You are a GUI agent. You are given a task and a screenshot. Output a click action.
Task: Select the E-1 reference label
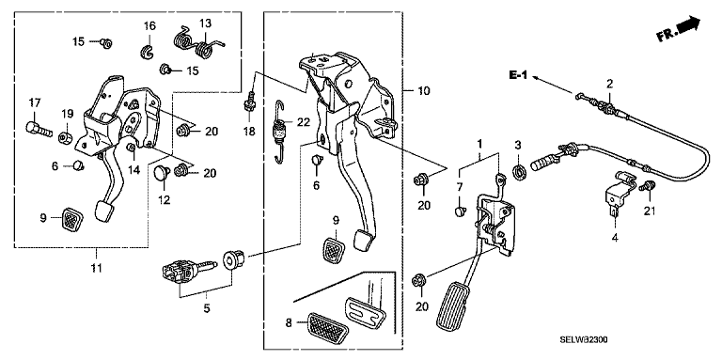coord(518,75)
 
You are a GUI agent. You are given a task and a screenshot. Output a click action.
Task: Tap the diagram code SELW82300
coord(584,339)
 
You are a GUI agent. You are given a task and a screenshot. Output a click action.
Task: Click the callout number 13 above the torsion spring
coord(205,23)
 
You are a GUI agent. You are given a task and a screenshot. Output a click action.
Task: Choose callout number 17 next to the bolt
coord(36,103)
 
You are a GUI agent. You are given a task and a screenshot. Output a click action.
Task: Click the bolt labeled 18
coord(250,104)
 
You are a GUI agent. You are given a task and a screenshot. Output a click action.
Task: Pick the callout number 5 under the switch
coord(207,308)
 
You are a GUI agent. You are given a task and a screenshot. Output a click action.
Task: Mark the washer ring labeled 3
coord(519,173)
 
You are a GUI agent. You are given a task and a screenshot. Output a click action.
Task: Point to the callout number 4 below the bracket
coord(615,238)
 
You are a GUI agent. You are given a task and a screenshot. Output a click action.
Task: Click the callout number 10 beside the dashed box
coord(424,90)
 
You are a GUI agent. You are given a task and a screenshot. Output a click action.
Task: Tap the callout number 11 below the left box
coord(96,268)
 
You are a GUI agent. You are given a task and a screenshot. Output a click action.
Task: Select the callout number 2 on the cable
coord(609,84)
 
